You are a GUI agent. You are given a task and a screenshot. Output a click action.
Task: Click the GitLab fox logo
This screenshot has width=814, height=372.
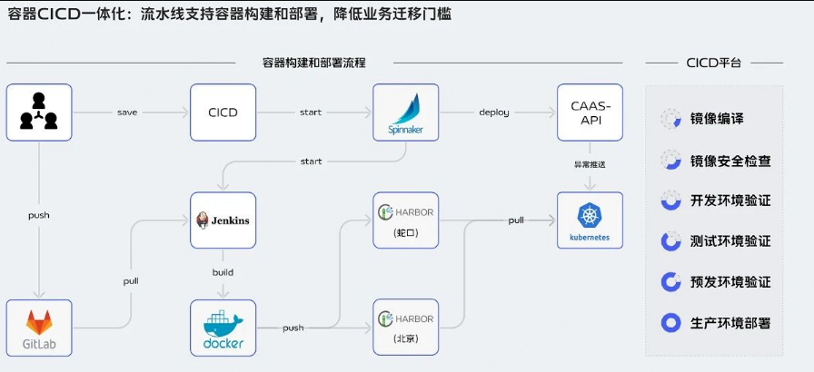[39, 322]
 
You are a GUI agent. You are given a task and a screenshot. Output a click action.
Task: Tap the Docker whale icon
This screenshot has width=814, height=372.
[223, 322]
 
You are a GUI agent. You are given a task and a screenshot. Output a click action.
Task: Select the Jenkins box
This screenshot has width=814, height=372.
[223, 220]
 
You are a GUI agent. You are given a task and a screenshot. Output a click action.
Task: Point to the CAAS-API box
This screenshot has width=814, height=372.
[590, 113]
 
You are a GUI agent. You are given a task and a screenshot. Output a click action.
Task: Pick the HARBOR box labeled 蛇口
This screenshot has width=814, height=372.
[406, 220]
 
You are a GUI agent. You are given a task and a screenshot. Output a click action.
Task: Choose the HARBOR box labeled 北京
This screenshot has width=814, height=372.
[406, 328]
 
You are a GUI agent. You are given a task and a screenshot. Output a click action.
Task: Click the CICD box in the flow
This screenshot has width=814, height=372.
[223, 113]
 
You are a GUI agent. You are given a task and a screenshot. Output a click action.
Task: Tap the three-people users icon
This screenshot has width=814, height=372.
[39, 111]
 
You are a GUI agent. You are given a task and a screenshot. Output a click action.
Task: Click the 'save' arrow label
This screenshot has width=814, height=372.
[127, 113]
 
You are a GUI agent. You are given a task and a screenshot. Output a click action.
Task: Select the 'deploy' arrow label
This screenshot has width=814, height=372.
[493, 113]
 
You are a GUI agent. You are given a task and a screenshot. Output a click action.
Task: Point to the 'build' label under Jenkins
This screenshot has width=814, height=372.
[223, 272]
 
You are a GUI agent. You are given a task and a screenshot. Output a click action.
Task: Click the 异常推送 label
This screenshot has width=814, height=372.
[590, 165]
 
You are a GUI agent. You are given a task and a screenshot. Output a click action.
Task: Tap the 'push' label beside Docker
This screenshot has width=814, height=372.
[293, 328]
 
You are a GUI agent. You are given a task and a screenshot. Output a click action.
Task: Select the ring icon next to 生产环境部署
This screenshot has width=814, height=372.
[670, 323]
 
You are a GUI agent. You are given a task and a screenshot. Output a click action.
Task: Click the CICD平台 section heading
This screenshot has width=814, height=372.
[714, 64]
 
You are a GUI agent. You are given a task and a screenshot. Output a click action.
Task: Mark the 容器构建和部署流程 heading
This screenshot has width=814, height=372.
[314, 64]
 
